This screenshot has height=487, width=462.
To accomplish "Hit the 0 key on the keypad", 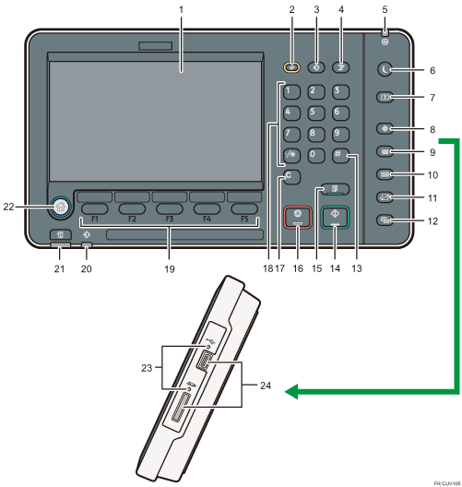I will click(315, 153).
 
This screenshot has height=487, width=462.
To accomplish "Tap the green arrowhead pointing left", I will click(292, 393).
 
